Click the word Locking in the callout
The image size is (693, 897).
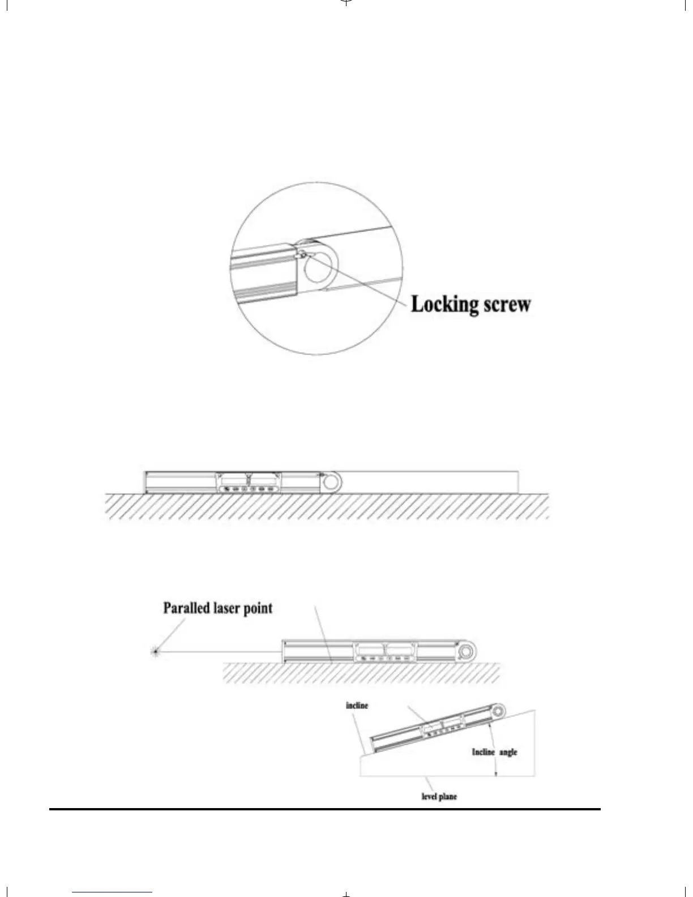444,305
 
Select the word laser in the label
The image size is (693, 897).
229,608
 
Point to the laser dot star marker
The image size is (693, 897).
155,651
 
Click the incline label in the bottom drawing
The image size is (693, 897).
357,706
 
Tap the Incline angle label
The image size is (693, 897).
494,752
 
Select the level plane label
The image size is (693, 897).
439,796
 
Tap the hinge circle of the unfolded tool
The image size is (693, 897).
331,482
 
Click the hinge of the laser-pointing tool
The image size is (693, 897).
466,652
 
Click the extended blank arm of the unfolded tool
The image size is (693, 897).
430,482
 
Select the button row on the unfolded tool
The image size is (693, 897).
247,489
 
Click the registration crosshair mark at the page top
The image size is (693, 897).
346,2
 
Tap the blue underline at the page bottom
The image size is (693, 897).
112,892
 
